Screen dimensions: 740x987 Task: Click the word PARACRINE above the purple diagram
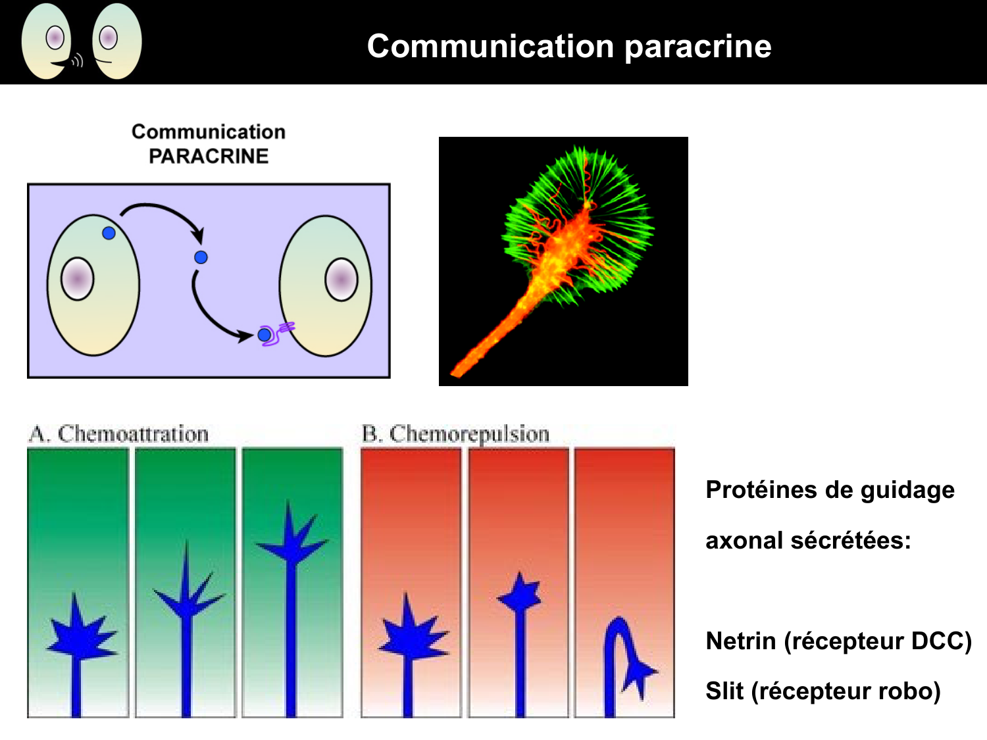[209, 157]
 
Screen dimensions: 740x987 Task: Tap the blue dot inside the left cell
[109, 233]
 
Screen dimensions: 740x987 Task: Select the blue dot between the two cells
[201, 257]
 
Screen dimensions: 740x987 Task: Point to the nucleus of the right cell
[342, 280]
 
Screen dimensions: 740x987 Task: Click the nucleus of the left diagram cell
[78, 280]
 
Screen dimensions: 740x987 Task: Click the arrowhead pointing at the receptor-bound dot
[246, 336]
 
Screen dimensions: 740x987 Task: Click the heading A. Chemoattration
[119, 434]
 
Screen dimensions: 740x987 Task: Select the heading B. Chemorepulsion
[455, 434]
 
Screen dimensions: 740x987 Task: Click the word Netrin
[740, 641]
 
